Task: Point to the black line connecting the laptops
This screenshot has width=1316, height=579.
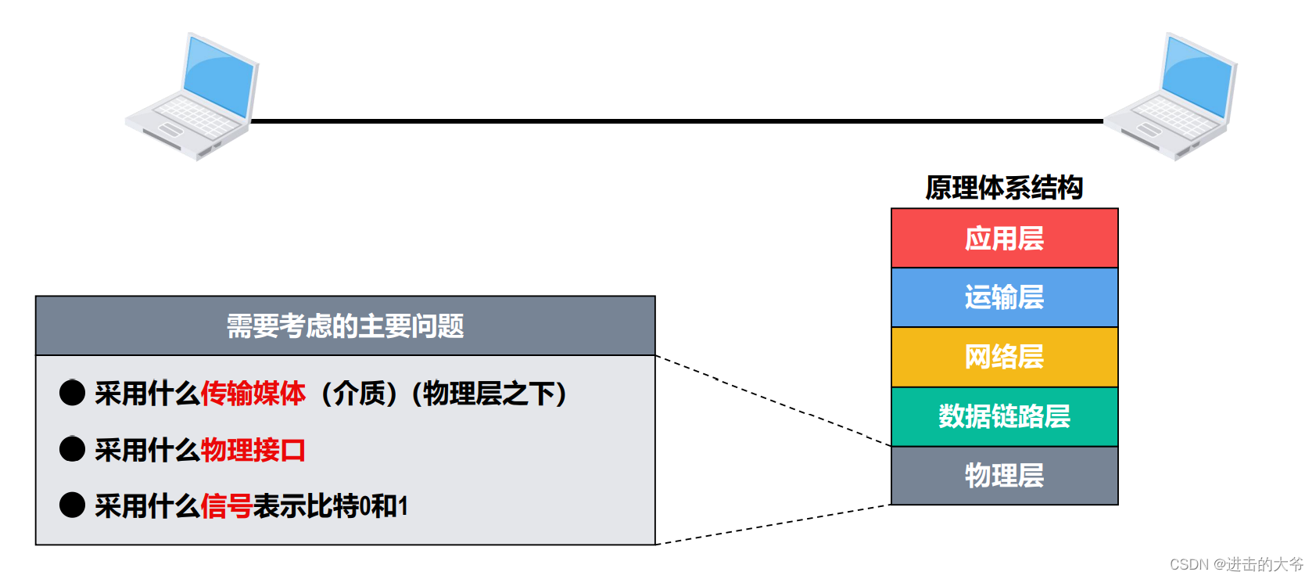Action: [x=676, y=121]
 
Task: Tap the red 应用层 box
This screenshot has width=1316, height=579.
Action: [x=1004, y=239]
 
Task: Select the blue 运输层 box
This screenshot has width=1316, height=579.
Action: [x=1004, y=297]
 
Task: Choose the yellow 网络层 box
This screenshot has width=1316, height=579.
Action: [x=1004, y=357]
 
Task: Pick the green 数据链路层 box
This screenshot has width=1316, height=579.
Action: [x=1004, y=416]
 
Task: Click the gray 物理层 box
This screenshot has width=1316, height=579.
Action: [x=1004, y=476]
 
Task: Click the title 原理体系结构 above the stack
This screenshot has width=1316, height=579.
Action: [x=1004, y=188]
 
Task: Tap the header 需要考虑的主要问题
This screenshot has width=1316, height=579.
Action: [x=345, y=326]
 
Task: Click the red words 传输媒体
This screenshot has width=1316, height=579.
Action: [x=253, y=394]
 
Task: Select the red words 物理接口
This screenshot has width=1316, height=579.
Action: [x=253, y=450]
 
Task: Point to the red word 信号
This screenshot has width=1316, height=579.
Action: [x=226, y=506]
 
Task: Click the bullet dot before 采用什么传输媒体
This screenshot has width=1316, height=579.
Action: [x=72, y=393]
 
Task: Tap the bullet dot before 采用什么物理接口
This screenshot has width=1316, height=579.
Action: [x=72, y=449]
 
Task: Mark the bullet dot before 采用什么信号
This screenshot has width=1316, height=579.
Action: [x=72, y=505]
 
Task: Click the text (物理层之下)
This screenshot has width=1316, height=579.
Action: [x=489, y=394]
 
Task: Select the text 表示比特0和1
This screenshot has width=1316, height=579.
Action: [x=330, y=506]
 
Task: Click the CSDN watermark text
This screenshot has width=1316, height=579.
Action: [x=1236, y=564]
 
